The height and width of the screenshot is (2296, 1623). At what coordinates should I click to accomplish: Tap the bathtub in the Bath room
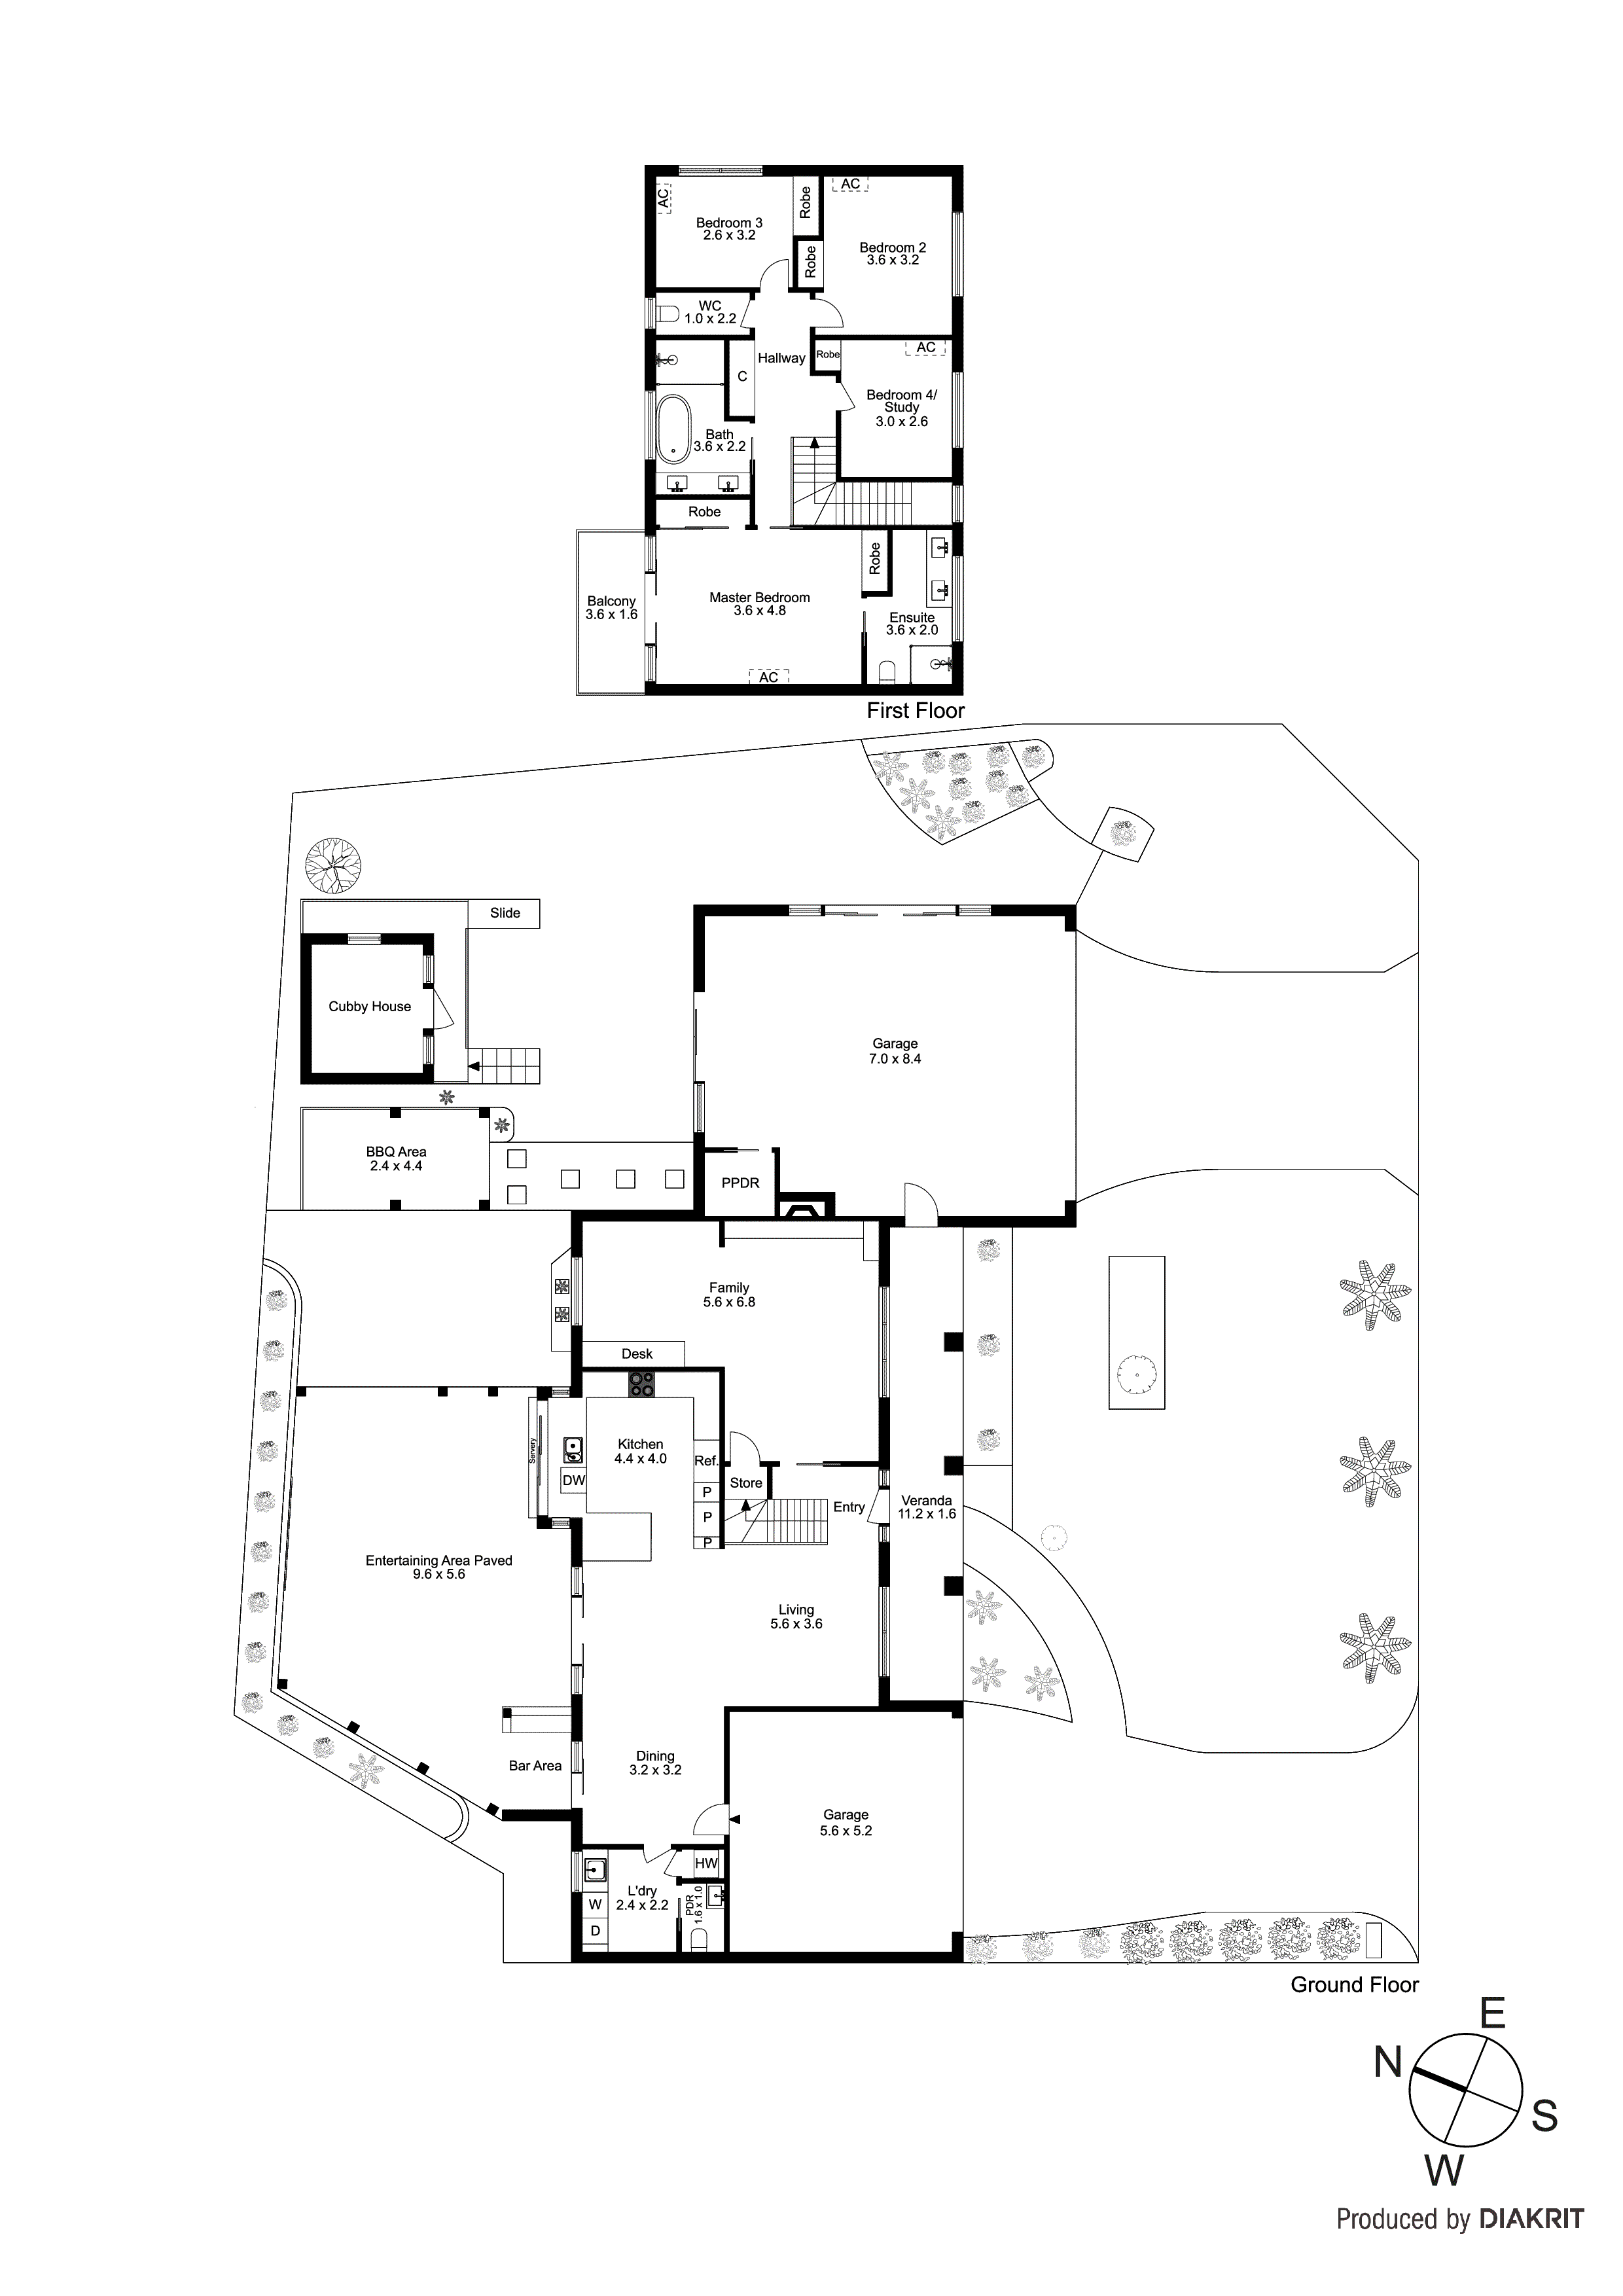pyautogui.click(x=672, y=428)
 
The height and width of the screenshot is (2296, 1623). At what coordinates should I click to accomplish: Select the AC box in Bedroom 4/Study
pyautogui.click(x=926, y=348)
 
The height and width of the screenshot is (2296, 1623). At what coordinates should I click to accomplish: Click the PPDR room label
pyautogui.click(x=740, y=1183)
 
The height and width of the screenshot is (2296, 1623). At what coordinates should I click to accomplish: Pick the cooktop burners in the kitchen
pyautogui.click(x=641, y=1384)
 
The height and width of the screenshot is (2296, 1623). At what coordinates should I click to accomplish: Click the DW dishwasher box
pyautogui.click(x=573, y=1481)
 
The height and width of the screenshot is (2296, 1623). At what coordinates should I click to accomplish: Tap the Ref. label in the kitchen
pyautogui.click(x=706, y=1461)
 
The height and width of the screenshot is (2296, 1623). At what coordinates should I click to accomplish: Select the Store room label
pyautogui.click(x=746, y=1483)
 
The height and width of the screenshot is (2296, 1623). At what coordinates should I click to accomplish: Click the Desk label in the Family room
pyautogui.click(x=637, y=1354)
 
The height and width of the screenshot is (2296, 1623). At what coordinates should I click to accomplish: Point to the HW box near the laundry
pyautogui.click(x=706, y=1864)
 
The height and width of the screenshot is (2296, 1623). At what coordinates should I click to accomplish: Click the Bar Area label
pyautogui.click(x=535, y=1766)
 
